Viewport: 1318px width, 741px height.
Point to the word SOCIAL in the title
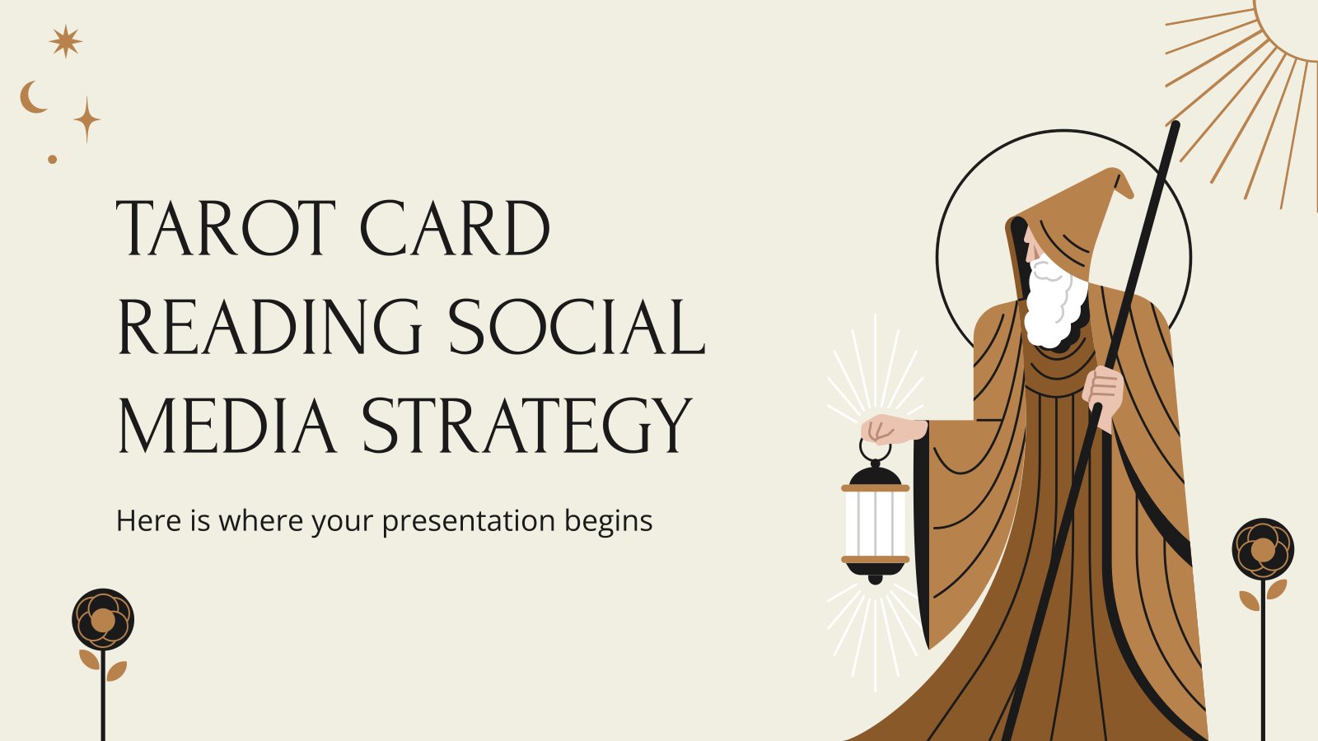577,326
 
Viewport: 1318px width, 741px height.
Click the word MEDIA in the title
227,425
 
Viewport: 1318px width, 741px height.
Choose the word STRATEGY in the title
526,426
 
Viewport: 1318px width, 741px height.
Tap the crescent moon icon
32,97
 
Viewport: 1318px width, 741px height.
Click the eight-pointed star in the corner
65,41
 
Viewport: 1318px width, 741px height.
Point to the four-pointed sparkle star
87,119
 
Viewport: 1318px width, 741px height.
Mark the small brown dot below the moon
53,160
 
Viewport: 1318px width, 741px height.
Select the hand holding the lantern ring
889,429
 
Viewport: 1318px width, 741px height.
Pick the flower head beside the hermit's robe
1264,549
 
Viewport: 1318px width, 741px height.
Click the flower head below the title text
103,619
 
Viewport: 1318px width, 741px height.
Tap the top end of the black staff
1175,124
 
